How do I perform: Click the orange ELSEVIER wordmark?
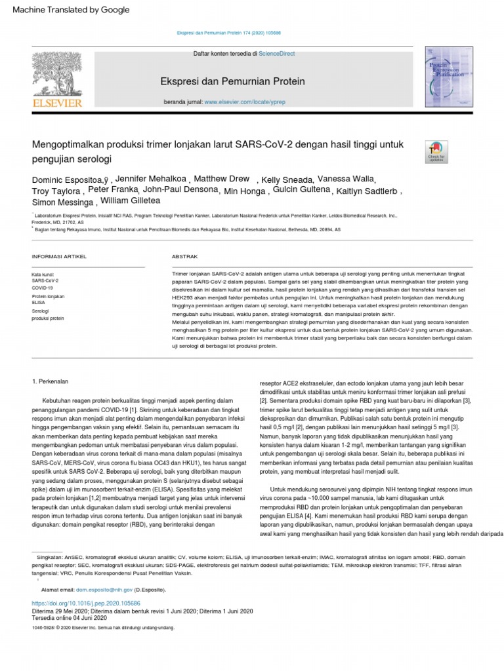(x=57, y=103)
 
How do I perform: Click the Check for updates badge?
(x=436, y=151)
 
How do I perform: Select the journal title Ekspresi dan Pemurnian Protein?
(x=232, y=82)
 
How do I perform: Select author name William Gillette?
(x=129, y=201)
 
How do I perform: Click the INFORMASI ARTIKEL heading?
(x=59, y=256)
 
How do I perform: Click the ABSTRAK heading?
(x=184, y=256)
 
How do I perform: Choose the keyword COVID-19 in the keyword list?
(x=43, y=288)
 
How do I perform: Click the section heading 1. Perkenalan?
(x=51, y=381)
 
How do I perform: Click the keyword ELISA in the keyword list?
(x=39, y=303)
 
